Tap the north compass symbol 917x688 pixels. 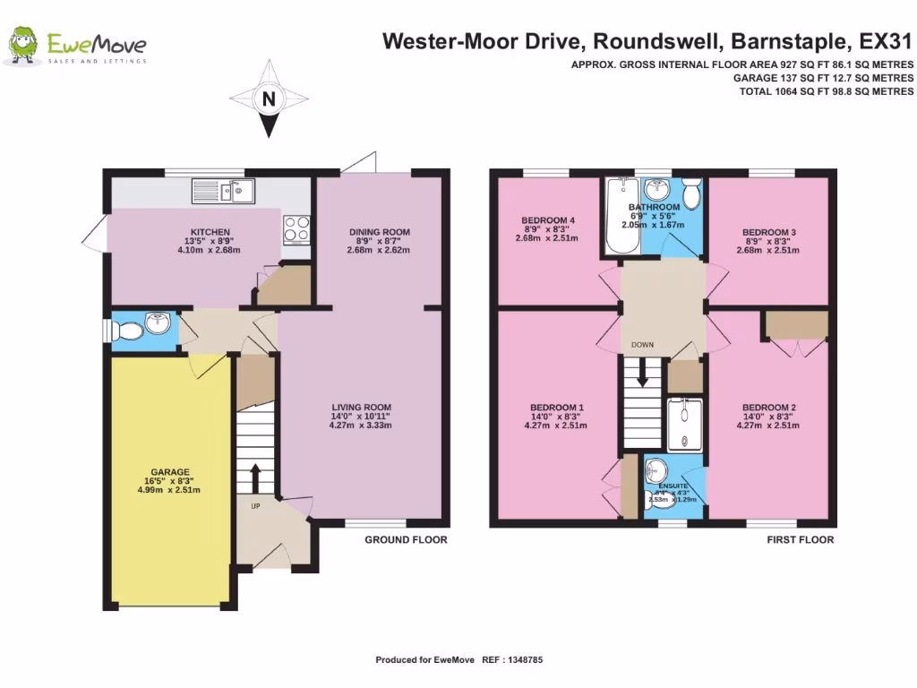click(268, 99)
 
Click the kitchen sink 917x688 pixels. click(224, 190)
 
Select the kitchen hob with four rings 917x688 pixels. click(296, 229)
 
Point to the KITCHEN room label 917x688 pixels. click(210, 232)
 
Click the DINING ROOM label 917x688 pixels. click(379, 232)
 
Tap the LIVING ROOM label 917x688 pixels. click(361, 407)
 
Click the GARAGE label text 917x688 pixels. click(170, 472)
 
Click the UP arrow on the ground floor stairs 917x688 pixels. click(254, 478)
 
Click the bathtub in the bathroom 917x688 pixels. click(619, 215)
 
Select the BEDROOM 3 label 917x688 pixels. click(768, 232)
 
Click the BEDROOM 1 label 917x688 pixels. click(556, 407)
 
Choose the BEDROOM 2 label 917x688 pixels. click(768, 407)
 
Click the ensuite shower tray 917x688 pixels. click(686, 423)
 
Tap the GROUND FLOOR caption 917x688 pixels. click(406, 540)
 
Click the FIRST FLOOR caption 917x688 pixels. click(800, 540)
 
